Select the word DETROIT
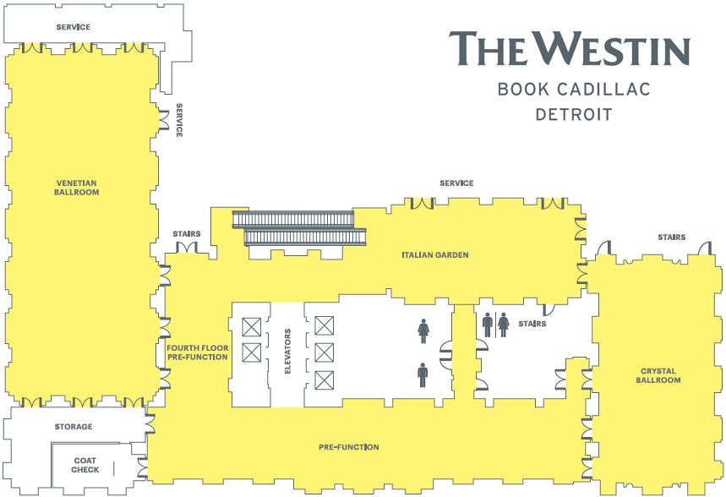(574, 114)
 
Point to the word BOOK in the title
(523, 89)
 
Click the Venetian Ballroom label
(77, 188)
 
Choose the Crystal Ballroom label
(659, 375)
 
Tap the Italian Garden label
(434, 254)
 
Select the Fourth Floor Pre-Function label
(197, 352)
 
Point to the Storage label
(74, 427)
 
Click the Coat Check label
(85, 465)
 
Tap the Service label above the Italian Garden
(456, 183)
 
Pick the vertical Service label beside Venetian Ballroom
(179, 120)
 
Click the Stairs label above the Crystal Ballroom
(671, 238)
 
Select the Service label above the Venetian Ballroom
(74, 27)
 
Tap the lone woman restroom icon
(423, 330)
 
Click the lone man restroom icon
(423, 374)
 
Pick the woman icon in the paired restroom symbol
(504, 325)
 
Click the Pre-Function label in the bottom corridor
(348, 447)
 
